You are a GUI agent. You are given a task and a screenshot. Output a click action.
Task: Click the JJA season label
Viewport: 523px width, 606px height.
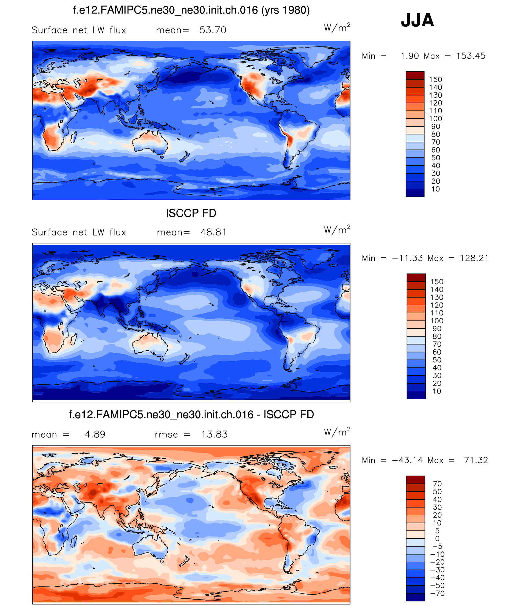417,20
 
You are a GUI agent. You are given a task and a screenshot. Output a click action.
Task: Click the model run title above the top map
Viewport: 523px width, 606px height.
191,10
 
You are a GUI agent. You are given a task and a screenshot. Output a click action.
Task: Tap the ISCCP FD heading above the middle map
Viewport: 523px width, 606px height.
191,213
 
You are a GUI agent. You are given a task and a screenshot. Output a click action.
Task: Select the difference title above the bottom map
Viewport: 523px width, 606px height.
191,415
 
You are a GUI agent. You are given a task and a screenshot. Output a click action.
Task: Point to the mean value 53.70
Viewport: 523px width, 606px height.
213,30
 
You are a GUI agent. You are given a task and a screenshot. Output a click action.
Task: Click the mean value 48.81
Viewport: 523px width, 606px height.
213,232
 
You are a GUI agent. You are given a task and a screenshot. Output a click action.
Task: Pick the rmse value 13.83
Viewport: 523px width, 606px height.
214,434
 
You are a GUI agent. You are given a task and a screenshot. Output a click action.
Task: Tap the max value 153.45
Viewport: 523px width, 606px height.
471,56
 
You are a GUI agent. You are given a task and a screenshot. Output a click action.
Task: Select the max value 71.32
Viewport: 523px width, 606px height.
476,460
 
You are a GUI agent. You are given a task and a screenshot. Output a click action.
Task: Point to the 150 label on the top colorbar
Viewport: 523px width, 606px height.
436,80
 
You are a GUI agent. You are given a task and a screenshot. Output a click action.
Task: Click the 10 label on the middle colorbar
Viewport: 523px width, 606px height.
437,391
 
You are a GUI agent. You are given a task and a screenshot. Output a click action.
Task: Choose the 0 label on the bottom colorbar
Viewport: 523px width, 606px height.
437,539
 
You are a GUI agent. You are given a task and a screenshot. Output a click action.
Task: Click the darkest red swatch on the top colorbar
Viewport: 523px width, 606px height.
415,75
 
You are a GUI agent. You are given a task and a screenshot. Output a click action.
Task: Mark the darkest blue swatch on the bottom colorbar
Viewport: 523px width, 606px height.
415,597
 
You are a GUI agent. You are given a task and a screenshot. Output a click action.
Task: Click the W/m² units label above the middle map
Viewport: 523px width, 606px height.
337,230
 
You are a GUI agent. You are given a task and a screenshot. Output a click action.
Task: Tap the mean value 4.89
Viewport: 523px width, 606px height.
95,434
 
